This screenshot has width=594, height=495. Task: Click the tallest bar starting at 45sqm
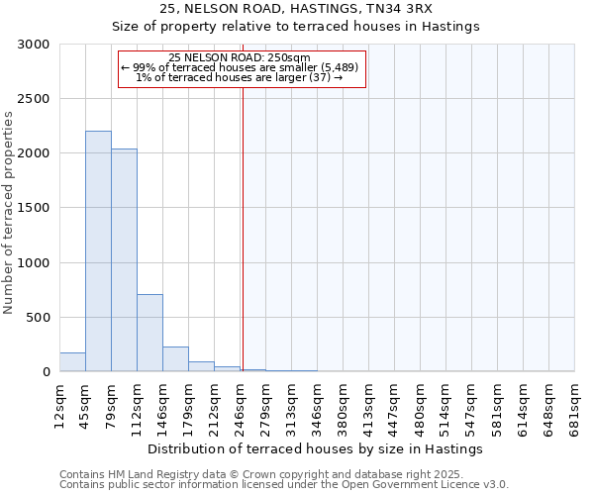tap(98, 251)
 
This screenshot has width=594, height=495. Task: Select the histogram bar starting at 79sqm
tap(124, 260)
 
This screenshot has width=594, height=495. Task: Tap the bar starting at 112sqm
tap(149, 333)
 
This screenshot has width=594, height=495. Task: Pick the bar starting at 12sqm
tap(72, 362)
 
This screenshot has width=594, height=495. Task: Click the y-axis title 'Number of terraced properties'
tap(9, 213)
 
